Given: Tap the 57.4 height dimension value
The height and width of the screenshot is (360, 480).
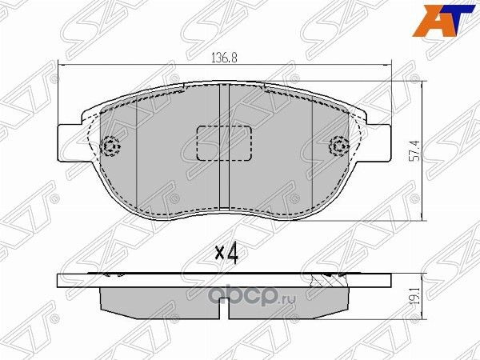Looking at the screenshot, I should [414, 150].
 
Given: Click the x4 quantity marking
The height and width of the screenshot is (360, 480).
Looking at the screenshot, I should [227, 254].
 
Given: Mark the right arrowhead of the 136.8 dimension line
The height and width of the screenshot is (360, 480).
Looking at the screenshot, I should [389, 66].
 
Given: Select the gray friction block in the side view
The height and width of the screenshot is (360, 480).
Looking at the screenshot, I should [226, 301].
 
